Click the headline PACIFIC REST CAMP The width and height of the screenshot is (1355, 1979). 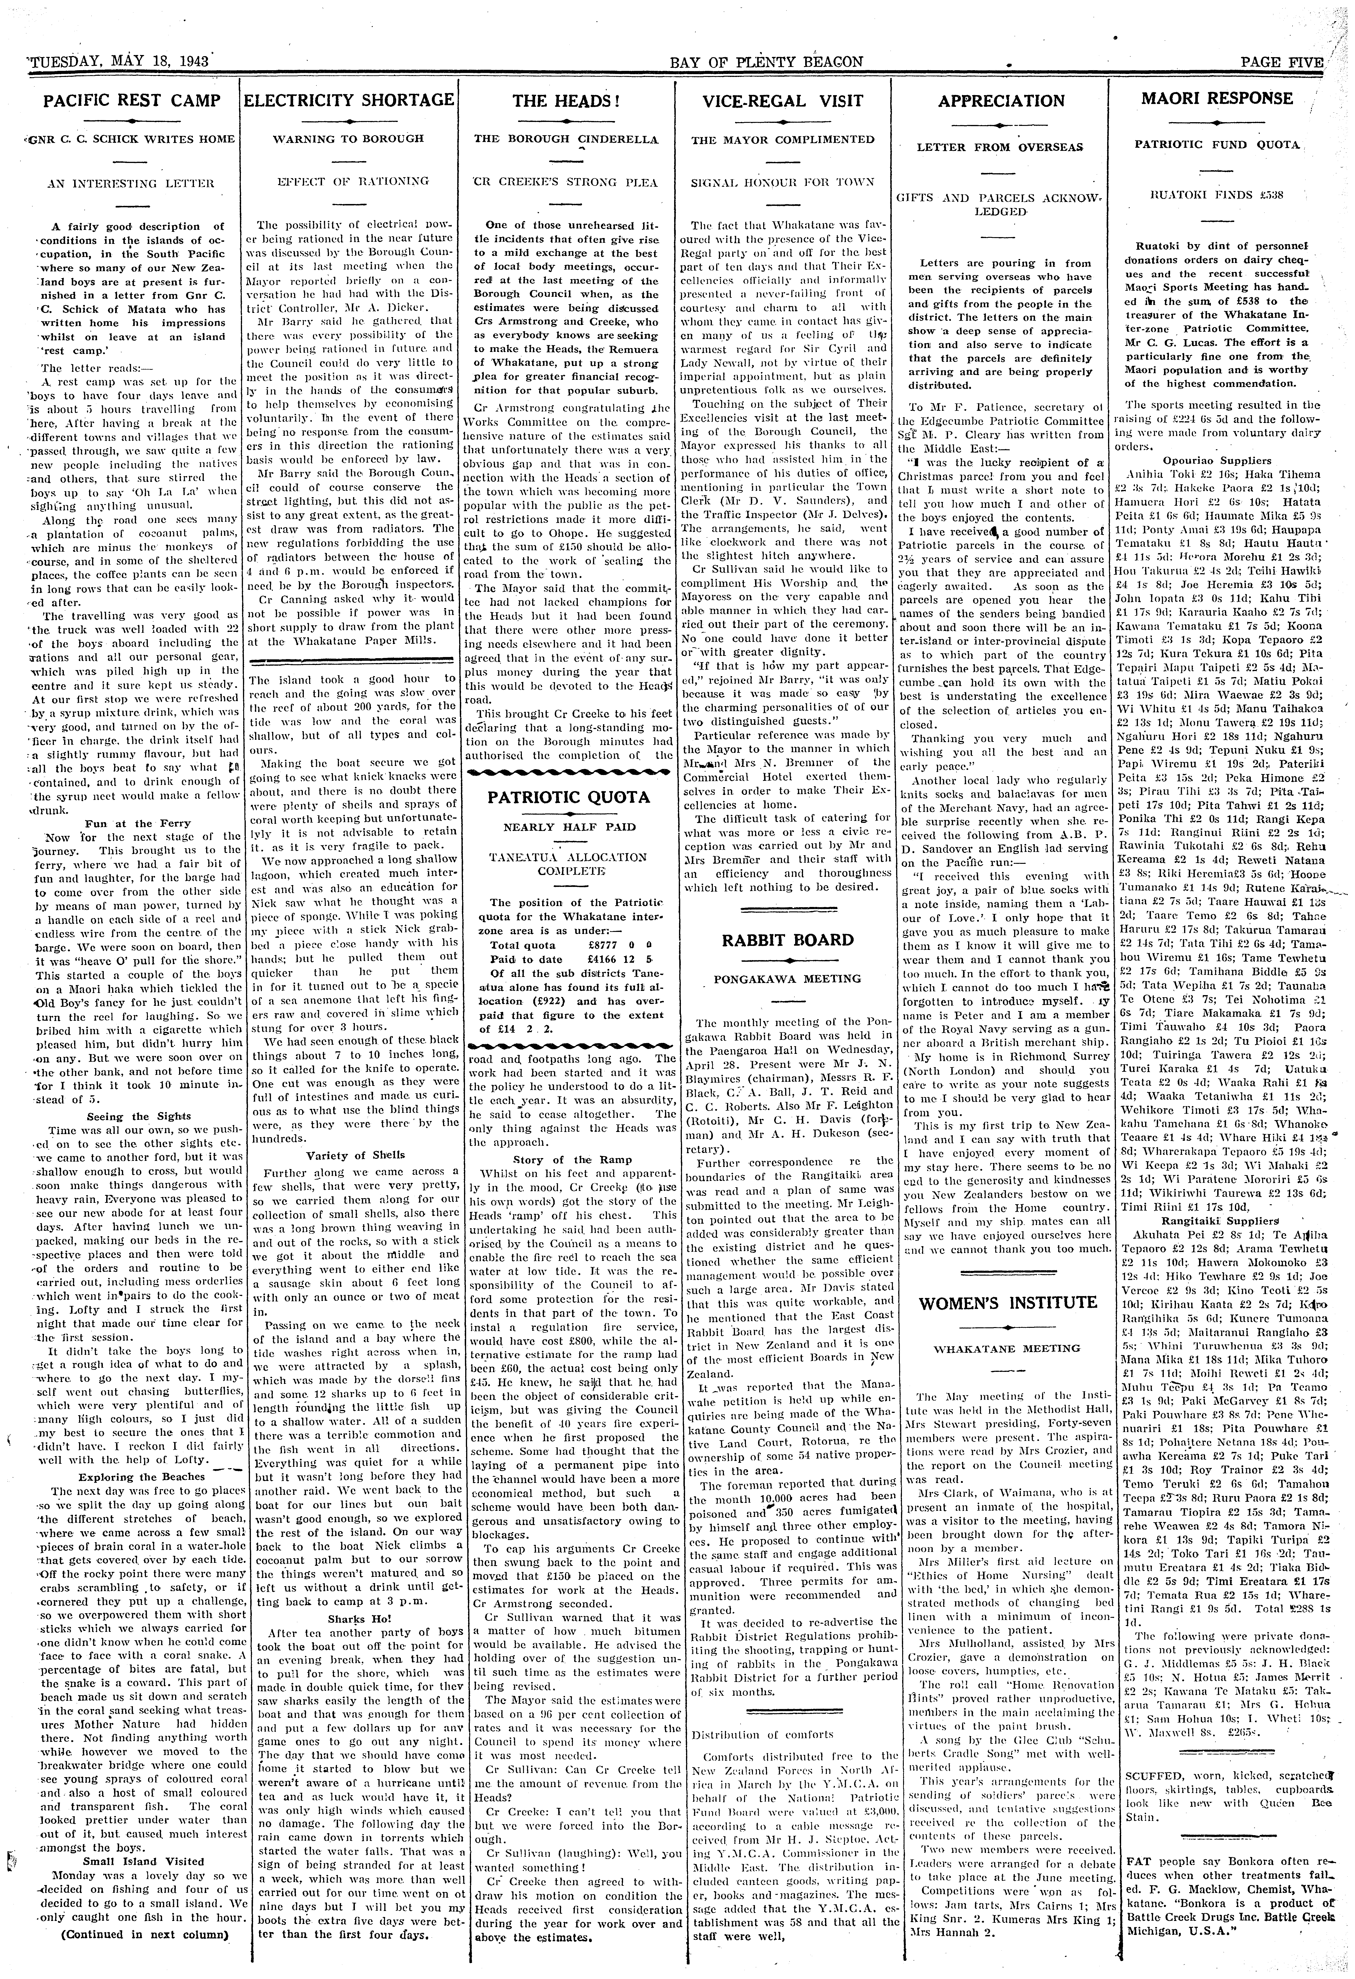click(x=132, y=100)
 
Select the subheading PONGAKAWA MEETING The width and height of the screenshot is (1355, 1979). click(x=787, y=979)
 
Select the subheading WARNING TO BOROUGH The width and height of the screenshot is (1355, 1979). click(x=349, y=138)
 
